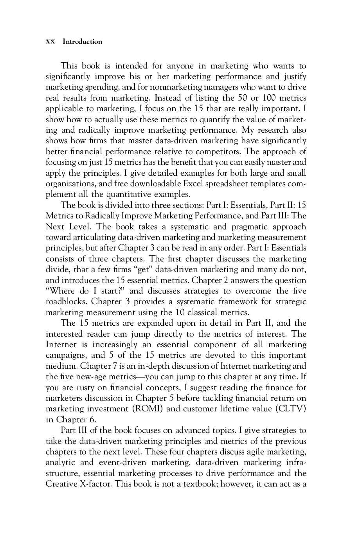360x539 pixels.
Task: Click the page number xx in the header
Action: tap(50, 42)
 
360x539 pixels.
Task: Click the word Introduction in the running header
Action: tap(82, 42)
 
